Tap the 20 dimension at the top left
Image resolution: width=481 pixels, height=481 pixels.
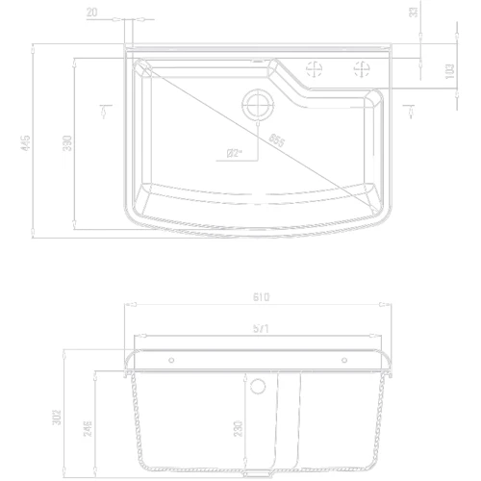click(90, 11)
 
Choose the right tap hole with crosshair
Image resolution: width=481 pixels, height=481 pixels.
click(363, 68)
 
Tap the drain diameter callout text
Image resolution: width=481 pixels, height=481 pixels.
click(234, 151)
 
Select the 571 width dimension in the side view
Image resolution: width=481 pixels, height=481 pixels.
click(261, 328)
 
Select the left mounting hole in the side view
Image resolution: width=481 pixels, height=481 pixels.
click(172, 362)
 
